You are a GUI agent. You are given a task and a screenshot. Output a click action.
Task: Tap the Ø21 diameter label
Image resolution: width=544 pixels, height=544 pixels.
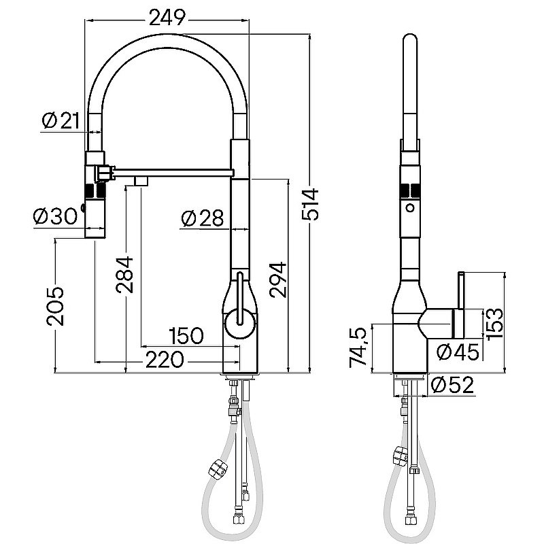61,121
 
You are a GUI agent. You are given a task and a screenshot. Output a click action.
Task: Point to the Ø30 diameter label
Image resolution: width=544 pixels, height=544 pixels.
56,217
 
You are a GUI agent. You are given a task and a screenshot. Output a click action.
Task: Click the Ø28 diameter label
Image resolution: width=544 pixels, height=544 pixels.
203,218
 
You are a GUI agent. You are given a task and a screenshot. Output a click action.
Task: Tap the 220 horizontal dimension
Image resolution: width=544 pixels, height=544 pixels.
163,359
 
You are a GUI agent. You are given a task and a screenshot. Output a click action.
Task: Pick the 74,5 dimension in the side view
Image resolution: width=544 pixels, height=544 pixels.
360,348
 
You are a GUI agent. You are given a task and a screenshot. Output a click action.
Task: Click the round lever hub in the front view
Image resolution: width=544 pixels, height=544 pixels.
239,321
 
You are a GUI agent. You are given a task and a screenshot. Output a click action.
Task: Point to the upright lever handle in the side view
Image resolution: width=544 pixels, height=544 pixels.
461,299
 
